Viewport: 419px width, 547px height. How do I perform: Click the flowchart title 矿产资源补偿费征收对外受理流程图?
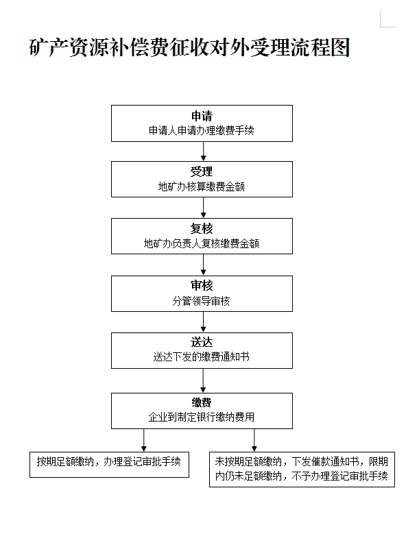coord(189,47)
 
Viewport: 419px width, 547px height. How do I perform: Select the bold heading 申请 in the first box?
coord(202,116)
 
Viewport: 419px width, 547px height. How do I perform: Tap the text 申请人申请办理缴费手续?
coord(202,130)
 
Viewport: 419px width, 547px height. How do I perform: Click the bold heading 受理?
coord(202,171)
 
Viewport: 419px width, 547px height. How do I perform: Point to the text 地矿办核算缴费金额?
coord(202,186)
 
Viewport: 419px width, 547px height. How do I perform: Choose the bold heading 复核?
coord(202,228)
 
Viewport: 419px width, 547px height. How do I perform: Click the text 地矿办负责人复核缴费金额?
coord(202,243)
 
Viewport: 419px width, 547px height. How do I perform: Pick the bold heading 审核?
coord(202,285)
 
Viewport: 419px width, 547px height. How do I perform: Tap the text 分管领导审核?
coord(202,301)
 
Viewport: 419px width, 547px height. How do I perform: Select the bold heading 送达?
coord(202,342)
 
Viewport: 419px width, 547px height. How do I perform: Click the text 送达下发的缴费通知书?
coord(202,356)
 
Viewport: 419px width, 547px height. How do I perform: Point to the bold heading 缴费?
coord(202,402)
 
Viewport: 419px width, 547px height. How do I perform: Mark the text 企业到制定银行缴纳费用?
coord(202,417)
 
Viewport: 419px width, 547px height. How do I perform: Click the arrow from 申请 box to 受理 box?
coord(204,151)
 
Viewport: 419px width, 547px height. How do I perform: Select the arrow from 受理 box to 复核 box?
coord(204,208)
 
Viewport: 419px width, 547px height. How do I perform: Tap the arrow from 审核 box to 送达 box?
coord(204,321)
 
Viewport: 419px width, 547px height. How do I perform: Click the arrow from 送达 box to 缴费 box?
coord(204,380)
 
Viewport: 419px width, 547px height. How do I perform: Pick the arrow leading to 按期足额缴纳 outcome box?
coord(144,440)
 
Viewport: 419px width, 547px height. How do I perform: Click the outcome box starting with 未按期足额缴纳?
coord(302,470)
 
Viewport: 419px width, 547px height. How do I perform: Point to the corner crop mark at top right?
coord(381,27)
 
